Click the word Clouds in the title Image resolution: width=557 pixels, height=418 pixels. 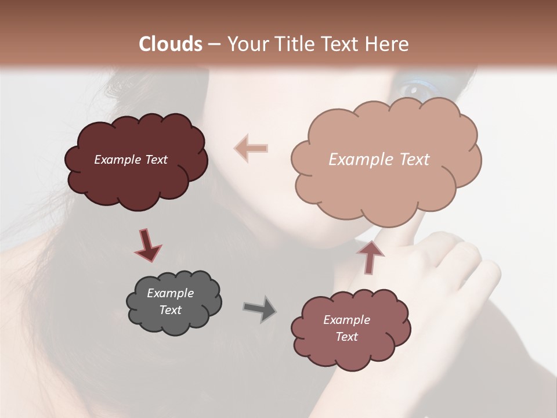pos(171,44)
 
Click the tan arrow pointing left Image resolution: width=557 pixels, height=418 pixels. pos(251,148)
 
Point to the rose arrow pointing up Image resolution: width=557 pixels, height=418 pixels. pos(370,257)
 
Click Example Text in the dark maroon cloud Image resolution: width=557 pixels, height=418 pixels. pos(131,160)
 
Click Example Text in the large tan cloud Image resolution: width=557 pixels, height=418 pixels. pos(379,160)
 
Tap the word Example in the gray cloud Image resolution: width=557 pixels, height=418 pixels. pos(170,293)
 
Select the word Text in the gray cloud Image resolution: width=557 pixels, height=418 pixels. pos(170,310)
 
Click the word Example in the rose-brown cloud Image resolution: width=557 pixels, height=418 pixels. pos(346,320)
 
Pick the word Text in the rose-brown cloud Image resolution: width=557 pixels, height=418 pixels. pos(346,337)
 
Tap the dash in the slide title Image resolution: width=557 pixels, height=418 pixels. pos(214,44)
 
